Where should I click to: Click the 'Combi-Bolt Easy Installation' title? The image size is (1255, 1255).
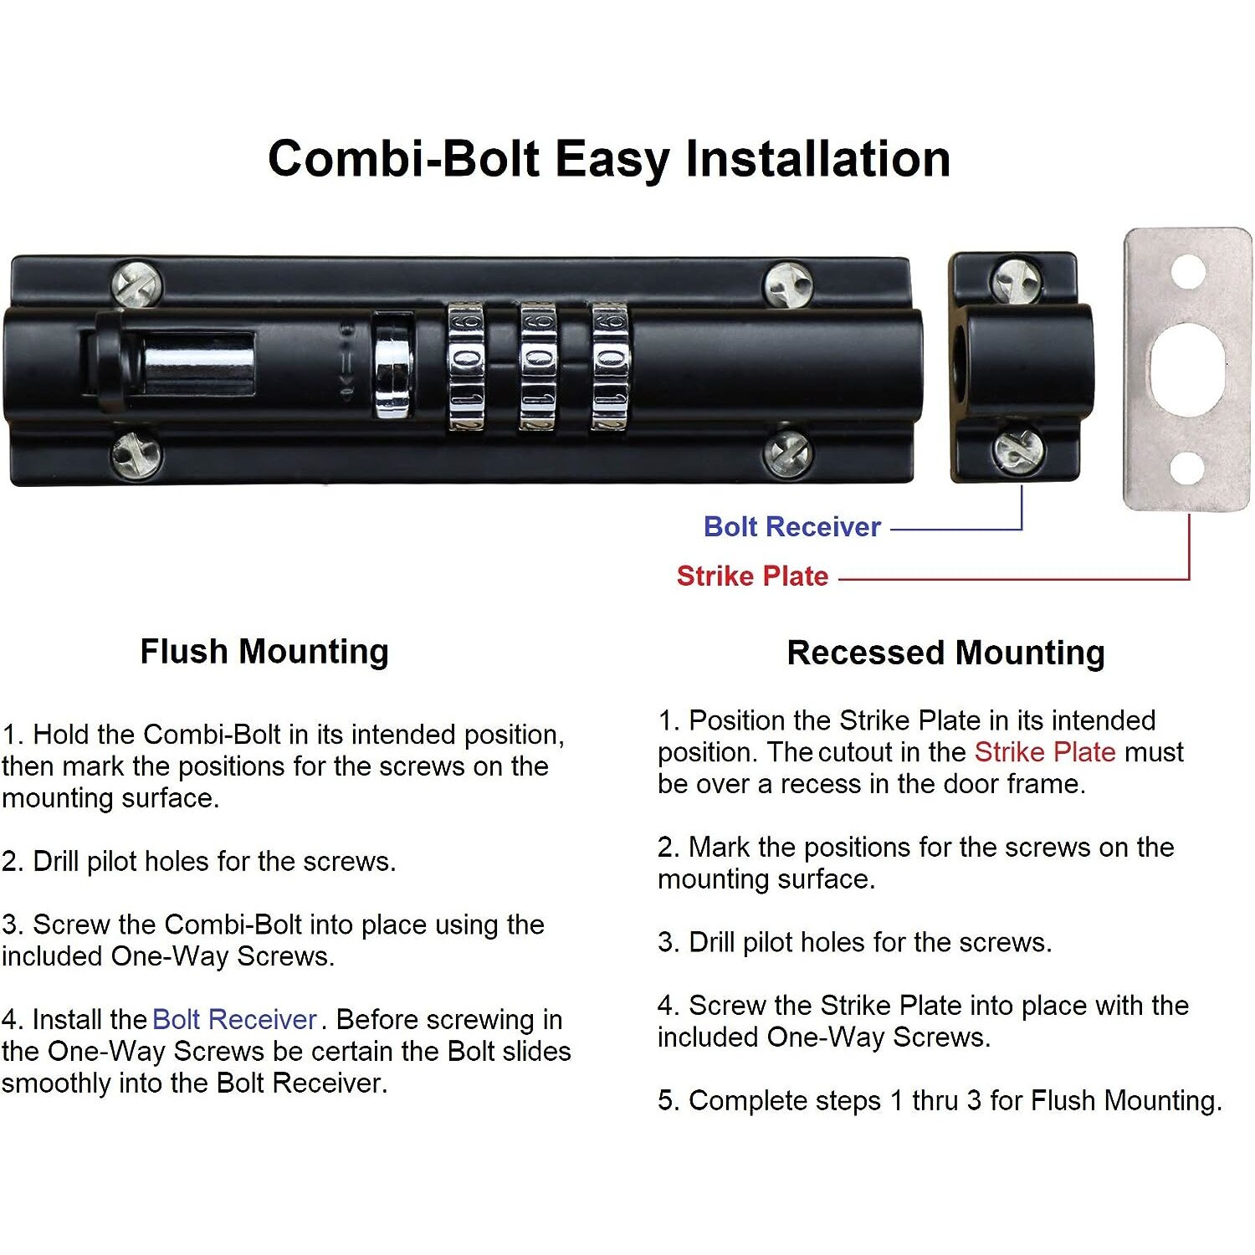click(609, 159)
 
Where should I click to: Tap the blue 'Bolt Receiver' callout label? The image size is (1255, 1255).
click(792, 527)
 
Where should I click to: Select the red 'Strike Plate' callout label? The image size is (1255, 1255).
click(752, 576)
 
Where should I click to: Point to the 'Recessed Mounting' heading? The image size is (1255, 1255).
click(946, 653)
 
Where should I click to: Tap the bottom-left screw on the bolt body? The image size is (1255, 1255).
click(136, 456)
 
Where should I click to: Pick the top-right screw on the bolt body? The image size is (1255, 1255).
click(789, 284)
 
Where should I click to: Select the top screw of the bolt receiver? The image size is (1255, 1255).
click(1017, 279)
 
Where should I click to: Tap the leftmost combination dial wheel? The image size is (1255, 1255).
click(466, 366)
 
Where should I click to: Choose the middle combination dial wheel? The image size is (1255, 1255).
click(538, 366)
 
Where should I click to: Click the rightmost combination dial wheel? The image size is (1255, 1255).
click(610, 366)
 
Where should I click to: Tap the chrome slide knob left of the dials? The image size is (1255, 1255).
click(392, 366)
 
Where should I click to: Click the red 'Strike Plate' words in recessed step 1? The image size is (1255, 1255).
click(1045, 752)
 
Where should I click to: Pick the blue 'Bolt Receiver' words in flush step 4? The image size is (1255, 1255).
click(235, 1020)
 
